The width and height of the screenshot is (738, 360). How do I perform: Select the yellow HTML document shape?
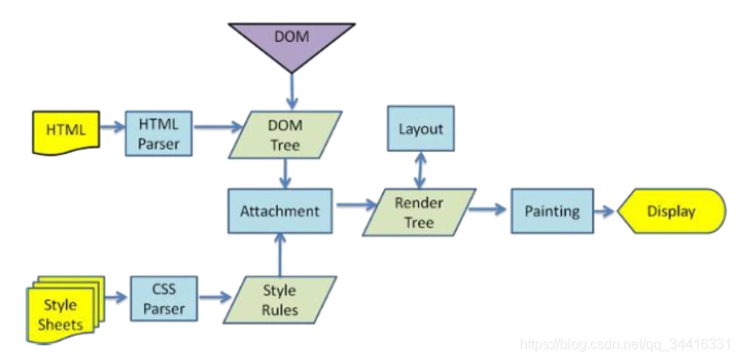click(x=66, y=132)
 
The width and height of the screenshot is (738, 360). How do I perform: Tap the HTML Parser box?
click(x=158, y=133)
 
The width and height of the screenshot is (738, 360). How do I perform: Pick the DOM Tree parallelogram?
click(x=285, y=135)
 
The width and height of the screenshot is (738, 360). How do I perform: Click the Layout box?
click(x=421, y=129)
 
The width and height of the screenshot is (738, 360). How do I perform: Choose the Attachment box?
click(x=280, y=211)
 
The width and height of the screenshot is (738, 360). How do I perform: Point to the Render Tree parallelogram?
click(x=419, y=212)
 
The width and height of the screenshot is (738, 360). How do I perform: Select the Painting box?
click(x=552, y=211)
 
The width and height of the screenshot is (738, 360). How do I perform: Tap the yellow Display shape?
click(x=672, y=211)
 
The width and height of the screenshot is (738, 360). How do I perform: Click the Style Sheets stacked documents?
click(x=65, y=310)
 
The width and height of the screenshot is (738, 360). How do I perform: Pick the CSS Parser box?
click(x=163, y=299)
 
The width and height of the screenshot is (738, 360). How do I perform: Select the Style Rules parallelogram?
click(x=280, y=300)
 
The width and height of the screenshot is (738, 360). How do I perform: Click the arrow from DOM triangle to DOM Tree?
click(x=292, y=90)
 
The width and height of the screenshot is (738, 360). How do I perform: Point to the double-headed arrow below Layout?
click(x=421, y=170)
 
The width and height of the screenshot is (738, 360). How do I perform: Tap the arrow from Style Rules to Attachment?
click(x=280, y=255)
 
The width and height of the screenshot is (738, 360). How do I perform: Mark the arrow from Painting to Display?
click(x=604, y=211)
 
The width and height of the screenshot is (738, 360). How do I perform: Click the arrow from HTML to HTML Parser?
click(x=111, y=127)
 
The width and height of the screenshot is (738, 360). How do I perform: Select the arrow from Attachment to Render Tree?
click(x=357, y=204)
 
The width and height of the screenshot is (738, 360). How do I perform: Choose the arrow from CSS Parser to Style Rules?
click(x=216, y=297)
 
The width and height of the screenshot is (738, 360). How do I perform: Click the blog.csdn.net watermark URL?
click(x=626, y=345)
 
